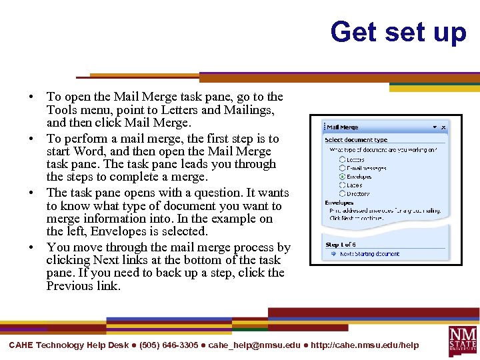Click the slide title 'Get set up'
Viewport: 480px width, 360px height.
398,31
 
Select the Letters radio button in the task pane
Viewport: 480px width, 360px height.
343,159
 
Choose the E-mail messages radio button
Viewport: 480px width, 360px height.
343,168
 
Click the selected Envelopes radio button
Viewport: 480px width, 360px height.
343,177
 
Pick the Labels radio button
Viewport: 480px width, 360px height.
343,185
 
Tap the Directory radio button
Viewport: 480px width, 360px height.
343,193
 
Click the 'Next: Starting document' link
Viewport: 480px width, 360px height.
369,254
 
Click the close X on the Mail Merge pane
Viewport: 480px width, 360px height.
444,127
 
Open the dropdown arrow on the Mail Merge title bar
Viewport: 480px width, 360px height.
435,127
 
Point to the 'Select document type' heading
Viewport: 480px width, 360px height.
356,140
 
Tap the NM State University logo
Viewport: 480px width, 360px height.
463,340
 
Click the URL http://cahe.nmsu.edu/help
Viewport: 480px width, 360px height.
365,345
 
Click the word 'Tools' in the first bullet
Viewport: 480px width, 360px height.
61,110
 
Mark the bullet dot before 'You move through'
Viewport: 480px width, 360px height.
32,247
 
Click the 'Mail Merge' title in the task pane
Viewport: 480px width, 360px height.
343,127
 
